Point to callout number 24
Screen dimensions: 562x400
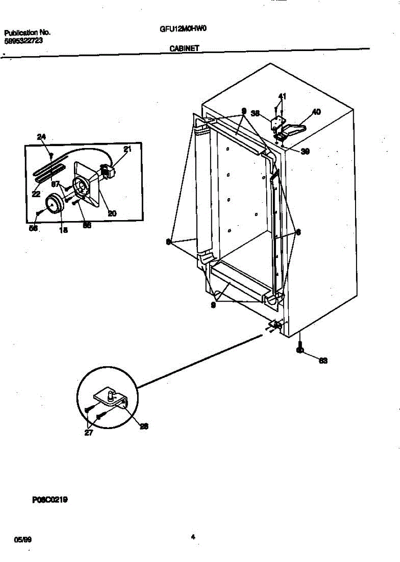point(42,137)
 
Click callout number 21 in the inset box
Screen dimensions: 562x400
point(127,149)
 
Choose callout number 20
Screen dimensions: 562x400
point(112,213)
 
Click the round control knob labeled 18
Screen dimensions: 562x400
point(54,204)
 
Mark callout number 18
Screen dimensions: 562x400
point(64,230)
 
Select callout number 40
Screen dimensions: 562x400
point(316,112)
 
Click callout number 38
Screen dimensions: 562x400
point(255,113)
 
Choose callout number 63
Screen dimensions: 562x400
point(323,361)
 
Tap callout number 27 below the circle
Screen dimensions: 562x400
point(88,433)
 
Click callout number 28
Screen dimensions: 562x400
point(145,426)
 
